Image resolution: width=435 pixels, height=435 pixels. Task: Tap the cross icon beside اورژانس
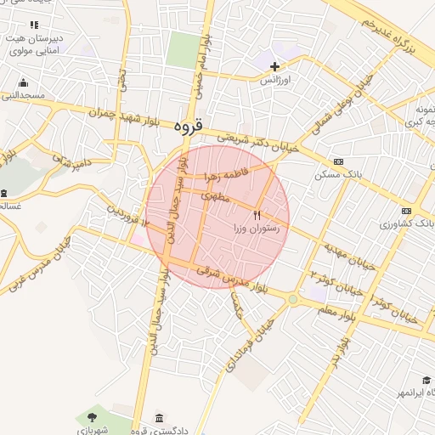274,66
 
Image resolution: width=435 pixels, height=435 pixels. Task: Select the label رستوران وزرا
257,228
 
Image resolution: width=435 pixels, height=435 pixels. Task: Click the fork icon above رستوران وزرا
257,214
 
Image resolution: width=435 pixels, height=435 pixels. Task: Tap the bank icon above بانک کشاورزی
407,211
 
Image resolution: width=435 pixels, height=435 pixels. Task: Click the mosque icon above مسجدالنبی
23,83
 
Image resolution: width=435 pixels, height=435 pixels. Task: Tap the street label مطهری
216,197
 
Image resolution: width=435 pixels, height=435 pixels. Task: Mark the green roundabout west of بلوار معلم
293,298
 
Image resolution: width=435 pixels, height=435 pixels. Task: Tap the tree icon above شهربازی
91,416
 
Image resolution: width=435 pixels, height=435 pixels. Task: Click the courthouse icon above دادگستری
160,416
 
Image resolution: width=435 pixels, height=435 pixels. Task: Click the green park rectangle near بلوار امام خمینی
180,51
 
